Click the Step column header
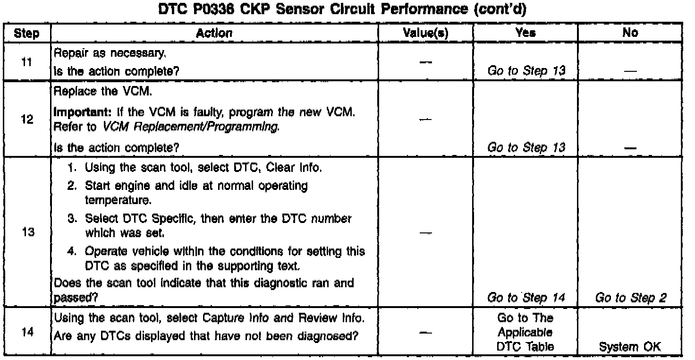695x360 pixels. coord(26,33)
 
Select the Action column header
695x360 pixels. coord(214,33)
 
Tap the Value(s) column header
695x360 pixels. coord(425,33)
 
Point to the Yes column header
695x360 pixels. coord(525,33)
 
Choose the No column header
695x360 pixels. coord(630,33)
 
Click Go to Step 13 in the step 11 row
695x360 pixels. coord(525,71)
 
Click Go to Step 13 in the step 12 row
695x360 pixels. coord(525,148)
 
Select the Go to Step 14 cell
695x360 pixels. coord(525,298)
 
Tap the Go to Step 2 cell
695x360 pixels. coord(630,298)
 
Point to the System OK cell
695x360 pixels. coord(630,347)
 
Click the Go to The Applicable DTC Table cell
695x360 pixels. coord(525,332)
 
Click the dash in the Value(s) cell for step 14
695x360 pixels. coord(425,332)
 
